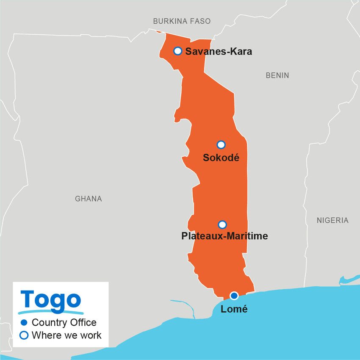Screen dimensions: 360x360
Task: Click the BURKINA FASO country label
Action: pyautogui.click(x=182, y=21)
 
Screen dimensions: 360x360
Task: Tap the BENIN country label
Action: pyautogui.click(x=277, y=75)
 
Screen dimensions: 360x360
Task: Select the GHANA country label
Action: pyautogui.click(x=89, y=198)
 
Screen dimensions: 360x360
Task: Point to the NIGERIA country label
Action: pyautogui.click(x=332, y=220)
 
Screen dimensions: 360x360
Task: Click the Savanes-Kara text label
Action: pyautogui.click(x=219, y=52)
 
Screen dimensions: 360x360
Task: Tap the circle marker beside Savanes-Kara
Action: pyautogui.click(x=178, y=51)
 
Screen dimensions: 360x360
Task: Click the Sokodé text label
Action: pyautogui.click(x=221, y=158)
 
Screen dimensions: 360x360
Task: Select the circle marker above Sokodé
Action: pyautogui.click(x=221, y=145)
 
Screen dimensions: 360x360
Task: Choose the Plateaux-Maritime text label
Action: pyautogui.click(x=224, y=236)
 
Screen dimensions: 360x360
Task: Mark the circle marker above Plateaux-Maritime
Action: pyautogui.click(x=222, y=224)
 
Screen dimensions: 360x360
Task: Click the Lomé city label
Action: pyautogui.click(x=234, y=309)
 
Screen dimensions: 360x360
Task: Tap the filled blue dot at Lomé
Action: pyautogui.click(x=234, y=296)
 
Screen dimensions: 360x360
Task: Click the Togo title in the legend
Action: pyautogui.click(x=51, y=300)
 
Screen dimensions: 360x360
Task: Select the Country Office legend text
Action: pyautogui.click(x=64, y=322)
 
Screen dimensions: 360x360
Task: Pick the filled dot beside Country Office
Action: pyautogui.click(x=24, y=322)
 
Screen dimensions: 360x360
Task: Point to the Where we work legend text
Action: pyautogui.click(x=66, y=335)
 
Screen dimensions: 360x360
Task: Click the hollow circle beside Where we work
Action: pyautogui.click(x=24, y=335)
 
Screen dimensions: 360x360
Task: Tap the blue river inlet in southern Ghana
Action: pyautogui.click(x=186, y=307)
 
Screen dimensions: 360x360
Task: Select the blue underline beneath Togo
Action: pyautogui.click(x=51, y=312)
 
